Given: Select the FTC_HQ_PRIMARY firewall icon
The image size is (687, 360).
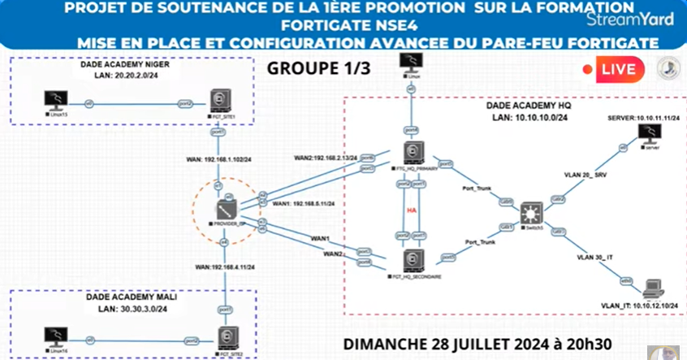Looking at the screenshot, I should pyautogui.click(x=413, y=154).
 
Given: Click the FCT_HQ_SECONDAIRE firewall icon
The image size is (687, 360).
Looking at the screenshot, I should pyautogui.click(x=413, y=259).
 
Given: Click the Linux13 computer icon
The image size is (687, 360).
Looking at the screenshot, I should pyautogui.click(x=55, y=101).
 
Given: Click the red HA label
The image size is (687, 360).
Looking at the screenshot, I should pyautogui.click(x=412, y=209).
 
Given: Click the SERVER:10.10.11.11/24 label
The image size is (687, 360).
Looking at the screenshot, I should pyautogui.click(x=643, y=118).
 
